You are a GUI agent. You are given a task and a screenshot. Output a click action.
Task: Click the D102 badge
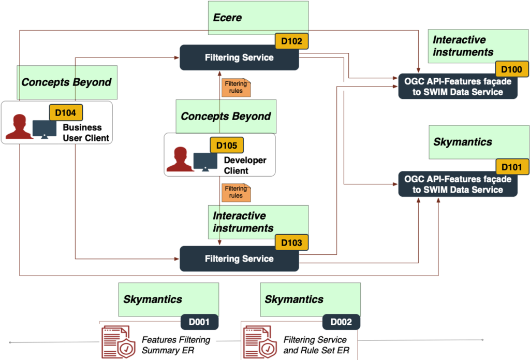click(x=291, y=41)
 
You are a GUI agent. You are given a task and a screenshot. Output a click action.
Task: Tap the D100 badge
click(x=512, y=69)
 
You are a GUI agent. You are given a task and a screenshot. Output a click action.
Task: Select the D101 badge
click(x=512, y=167)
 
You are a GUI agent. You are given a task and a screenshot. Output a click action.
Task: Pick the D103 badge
click(x=291, y=242)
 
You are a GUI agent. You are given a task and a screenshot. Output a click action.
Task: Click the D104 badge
click(x=66, y=111)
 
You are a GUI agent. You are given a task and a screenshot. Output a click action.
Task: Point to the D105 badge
click(x=226, y=146)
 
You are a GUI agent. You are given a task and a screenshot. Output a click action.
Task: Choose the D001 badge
click(x=199, y=322)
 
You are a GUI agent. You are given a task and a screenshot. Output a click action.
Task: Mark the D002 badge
click(x=341, y=322)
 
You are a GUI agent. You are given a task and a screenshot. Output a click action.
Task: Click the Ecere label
click(x=228, y=18)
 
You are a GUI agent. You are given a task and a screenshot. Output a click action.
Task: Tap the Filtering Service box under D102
click(x=239, y=57)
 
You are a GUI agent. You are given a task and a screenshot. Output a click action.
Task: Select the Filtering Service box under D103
click(x=239, y=258)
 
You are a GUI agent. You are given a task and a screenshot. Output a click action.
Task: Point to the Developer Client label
click(x=245, y=165)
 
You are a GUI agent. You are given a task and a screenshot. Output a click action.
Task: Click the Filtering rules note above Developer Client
click(x=236, y=88)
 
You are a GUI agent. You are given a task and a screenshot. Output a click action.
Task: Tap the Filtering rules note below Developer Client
click(x=236, y=192)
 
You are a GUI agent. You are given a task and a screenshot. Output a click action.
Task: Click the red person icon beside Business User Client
click(x=19, y=127)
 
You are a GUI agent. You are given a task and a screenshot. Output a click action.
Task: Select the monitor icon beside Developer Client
click(x=205, y=161)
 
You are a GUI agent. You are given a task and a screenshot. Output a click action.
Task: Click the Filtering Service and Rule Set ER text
click(x=315, y=345)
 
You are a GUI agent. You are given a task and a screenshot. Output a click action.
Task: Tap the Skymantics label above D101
click(x=463, y=142)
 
